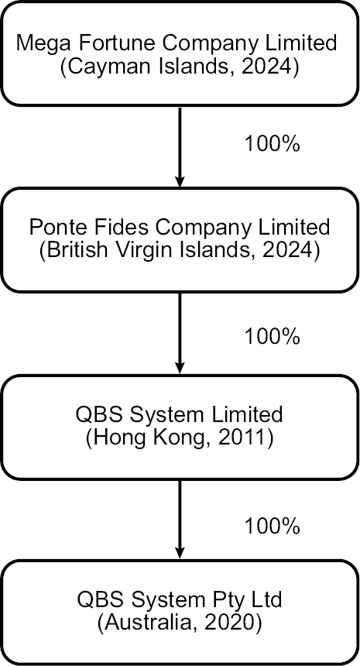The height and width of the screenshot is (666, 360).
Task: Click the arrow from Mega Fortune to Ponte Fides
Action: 180,147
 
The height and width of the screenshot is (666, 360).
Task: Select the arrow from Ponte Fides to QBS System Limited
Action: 180,333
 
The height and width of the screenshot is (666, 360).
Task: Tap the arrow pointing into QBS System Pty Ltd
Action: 180,520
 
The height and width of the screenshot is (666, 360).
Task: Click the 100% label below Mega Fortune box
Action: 272,144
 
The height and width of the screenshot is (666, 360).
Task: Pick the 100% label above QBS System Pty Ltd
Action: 272,527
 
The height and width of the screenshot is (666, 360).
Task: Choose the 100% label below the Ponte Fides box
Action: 272,337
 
